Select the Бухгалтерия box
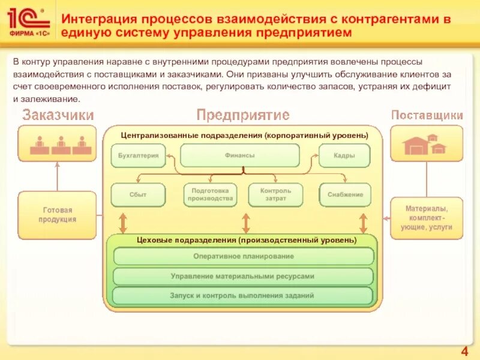[137, 155]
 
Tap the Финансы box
[240, 155]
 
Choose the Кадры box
[344, 155]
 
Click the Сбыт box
[137, 194]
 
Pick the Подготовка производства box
[209, 194]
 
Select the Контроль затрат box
[275, 194]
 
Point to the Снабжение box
[345, 194]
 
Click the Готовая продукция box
[58, 215]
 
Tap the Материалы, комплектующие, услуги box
[427, 218]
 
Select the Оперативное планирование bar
[244, 256]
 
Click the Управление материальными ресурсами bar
[244, 276]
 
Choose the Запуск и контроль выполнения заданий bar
[244, 295]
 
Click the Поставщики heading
[427, 115]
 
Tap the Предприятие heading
[243, 115]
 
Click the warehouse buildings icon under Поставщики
[426, 145]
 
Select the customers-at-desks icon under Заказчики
[58, 145]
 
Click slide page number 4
[464, 351]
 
